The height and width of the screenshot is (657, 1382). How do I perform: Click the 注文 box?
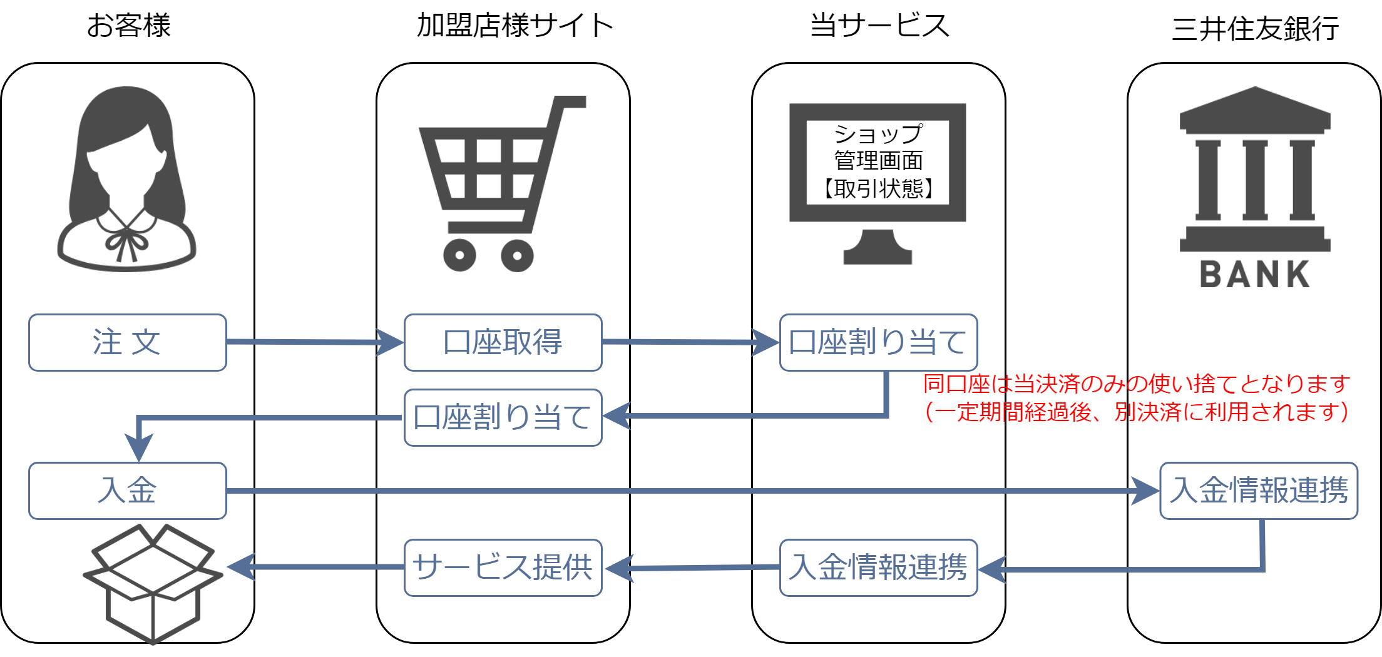point(127,342)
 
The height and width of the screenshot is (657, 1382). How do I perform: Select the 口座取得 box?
point(503,342)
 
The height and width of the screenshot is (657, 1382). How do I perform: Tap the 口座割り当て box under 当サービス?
point(878,342)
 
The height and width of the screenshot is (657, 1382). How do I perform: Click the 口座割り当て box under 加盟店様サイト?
point(503,417)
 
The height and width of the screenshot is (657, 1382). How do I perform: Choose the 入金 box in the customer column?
point(127,491)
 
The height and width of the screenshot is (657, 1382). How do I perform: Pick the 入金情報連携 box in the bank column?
point(1258,491)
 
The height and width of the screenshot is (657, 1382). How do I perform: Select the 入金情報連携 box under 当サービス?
point(878,568)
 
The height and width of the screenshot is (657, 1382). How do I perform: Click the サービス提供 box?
point(503,568)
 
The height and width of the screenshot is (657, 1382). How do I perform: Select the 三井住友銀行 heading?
point(1255,29)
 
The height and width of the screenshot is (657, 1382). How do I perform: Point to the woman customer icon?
point(127,181)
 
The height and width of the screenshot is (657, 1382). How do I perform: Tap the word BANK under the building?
point(1254,275)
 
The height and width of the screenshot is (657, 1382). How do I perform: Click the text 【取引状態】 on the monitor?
point(878,188)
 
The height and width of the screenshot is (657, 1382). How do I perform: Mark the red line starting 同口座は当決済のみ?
point(1136,384)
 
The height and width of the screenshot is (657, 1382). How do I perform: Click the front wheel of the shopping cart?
point(459,255)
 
